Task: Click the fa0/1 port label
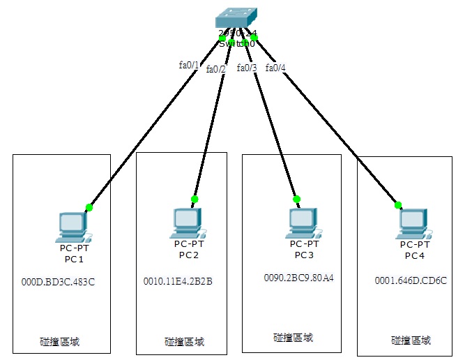coord(189,65)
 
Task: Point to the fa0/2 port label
coord(216,69)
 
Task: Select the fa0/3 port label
coord(247,68)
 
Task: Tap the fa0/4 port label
coord(275,68)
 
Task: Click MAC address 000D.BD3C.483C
coord(58,283)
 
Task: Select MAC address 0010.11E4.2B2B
coord(178,281)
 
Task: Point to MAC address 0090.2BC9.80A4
coord(298,278)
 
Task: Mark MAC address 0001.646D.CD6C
coord(410,281)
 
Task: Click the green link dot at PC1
coord(89,207)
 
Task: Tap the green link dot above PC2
coord(195,199)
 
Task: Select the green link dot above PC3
coord(296,199)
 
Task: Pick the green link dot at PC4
coord(398,205)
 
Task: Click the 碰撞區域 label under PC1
coord(59,342)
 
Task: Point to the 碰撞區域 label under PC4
coord(411,340)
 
